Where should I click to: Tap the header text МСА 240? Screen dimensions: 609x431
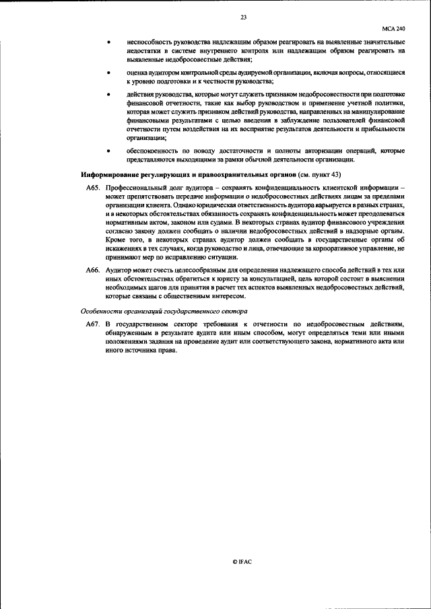[393, 30]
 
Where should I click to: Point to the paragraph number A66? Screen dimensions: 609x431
[93, 270]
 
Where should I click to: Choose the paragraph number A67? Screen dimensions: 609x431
[93, 324]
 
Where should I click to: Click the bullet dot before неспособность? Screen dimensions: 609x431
[110, 42]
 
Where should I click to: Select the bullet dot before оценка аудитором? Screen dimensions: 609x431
[110, 72]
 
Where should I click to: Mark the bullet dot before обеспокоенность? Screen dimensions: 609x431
[110, 151]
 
